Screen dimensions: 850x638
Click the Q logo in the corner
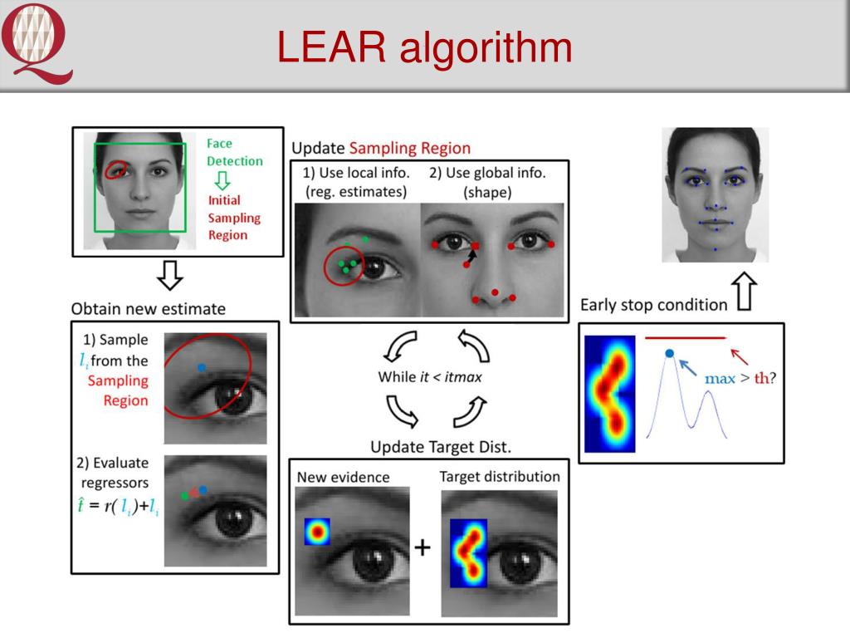(x=37, y=42)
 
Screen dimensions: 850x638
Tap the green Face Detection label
(x=234, y=153)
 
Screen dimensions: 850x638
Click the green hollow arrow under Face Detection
(x=222, y=181)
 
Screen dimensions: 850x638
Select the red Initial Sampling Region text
(x=233, y=218)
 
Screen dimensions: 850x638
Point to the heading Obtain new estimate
(x=149, y=309)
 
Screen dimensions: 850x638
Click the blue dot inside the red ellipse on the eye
(x=202, y=366)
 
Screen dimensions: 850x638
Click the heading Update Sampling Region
(x=380, y=149)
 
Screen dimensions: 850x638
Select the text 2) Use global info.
(x=487, y=174)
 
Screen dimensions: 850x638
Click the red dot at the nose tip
(x=495, y=292)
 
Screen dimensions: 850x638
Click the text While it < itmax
(x=429, y=376)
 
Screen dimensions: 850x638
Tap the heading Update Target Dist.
(x=440, y=447)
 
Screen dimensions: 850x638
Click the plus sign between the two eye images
(x=423, y=547)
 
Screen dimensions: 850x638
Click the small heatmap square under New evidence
(x=316, y=532)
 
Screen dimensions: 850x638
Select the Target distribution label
(x=499, y=477)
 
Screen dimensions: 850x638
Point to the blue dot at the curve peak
(x=669, y=354)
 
